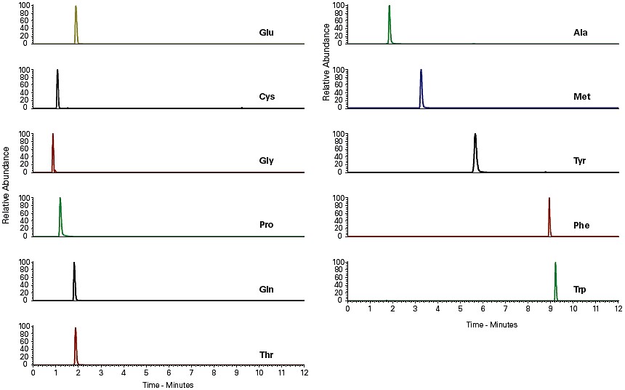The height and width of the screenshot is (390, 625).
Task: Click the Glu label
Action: click(x=267, y=33)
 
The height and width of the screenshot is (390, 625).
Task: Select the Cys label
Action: click(x=267, y=97)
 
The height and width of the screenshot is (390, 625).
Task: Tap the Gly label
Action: click(x=267, y=162)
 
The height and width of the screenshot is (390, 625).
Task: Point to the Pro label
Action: click(x=267, y=226)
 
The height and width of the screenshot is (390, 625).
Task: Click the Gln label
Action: click(x=267, y=290)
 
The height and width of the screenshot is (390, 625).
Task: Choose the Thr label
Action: click(x=267, y=354)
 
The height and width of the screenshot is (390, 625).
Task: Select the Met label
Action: click(x=581, y=97)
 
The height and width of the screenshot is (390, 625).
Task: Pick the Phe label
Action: click(x=581, y=226)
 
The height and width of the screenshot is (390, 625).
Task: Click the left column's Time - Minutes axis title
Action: click(x=168, y=384)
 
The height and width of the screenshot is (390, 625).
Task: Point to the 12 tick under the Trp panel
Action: click(x=618, y=309)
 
